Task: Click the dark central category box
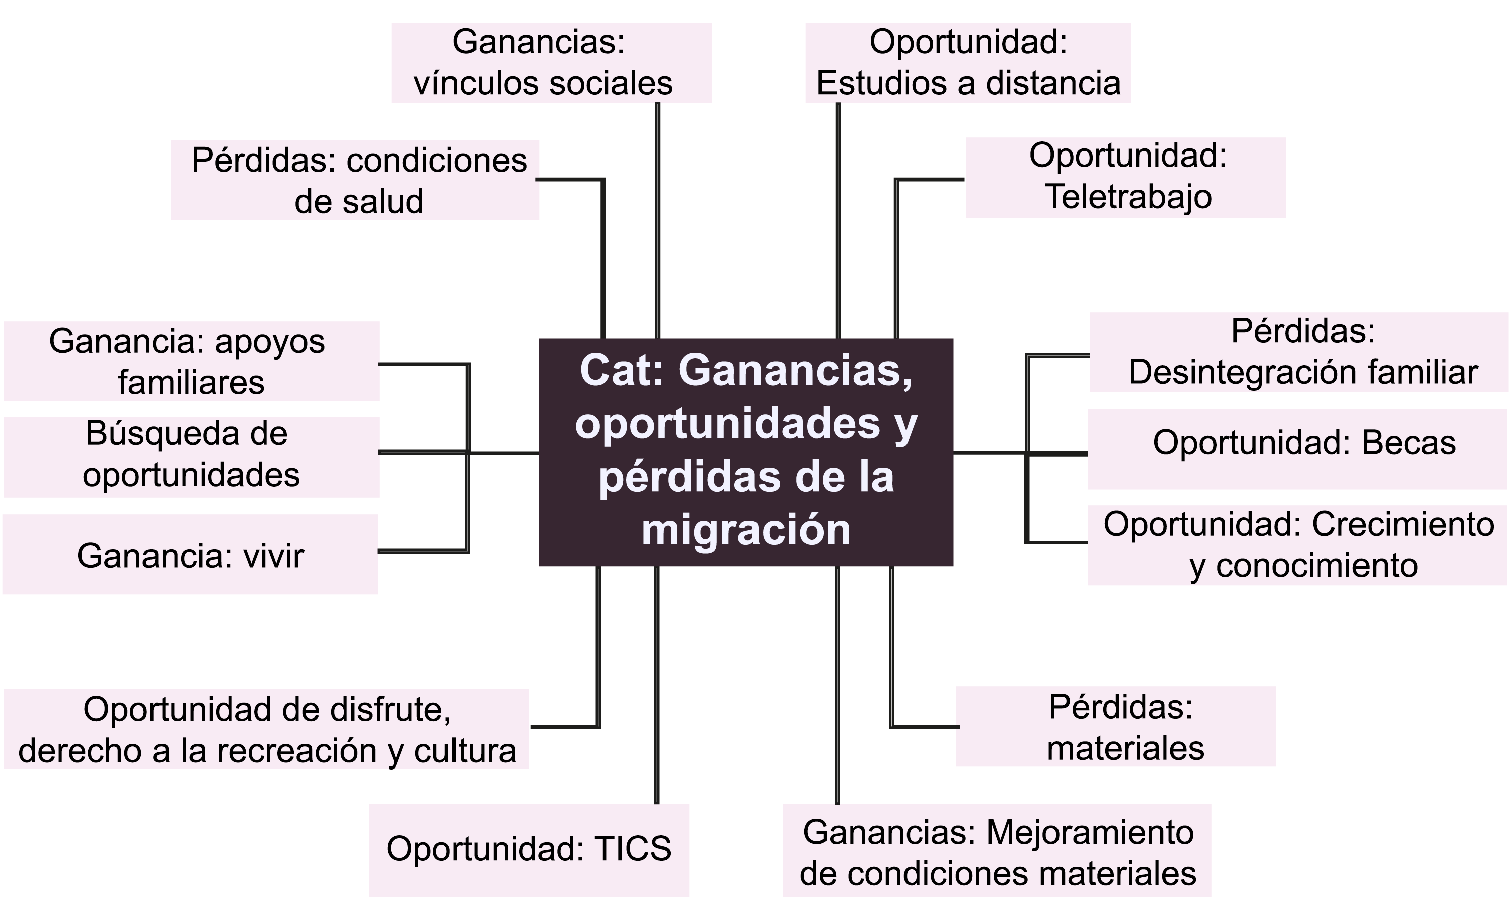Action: (745, 452)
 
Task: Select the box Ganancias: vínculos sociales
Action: (551, 63)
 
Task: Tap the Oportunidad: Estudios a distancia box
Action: (968, 63)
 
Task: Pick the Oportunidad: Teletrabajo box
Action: (1125, 177)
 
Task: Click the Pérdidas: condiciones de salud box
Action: (355, 180)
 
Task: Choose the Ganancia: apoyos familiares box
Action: (191, 361)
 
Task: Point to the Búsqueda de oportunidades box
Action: (191, 457)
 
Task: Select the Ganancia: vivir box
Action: (190, 554)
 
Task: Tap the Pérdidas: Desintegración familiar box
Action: (1298, 352)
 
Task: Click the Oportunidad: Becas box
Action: (1298, 449)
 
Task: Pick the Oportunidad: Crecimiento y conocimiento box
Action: (1298, 545)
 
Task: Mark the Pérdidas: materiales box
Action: (1116, 727)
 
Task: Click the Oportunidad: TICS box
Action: (529, 850)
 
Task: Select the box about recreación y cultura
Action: (266, 729)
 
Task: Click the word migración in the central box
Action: (745, 530)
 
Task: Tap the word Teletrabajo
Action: (1128, 197)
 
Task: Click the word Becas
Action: (1408, 443)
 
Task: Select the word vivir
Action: (273, 556)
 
